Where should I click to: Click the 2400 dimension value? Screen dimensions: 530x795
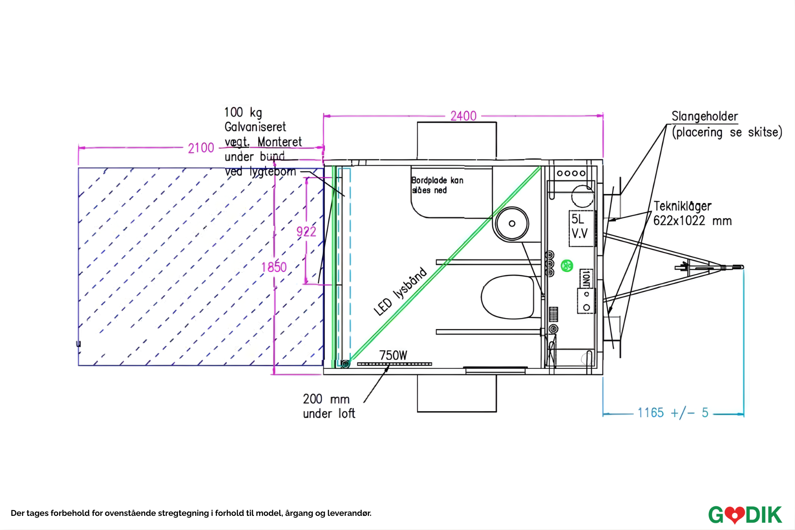tap(463, 116)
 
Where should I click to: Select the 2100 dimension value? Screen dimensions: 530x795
tap(201, 148)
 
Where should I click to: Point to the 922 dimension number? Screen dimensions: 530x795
tap(306, 231)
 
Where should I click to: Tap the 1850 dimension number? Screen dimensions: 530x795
tap(274, 267)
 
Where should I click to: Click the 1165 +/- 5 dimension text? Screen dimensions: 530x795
tap(673, 413)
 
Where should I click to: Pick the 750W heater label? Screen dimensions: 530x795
tap(393, 356)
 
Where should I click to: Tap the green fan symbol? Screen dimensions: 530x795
tap(567, 266)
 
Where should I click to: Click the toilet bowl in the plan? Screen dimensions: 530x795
tap(508, 297)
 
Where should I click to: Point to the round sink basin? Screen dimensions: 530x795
tap(512, 223)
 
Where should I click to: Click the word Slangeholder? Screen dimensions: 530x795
tap(704, 117)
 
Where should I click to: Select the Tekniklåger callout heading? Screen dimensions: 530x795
tap(682, 206)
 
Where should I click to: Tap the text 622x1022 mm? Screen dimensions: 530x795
tap(692, 221)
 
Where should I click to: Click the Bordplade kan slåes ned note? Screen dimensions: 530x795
tap(437, 185)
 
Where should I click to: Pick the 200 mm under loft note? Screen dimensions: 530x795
tap(329, 406)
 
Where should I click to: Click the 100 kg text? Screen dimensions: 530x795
tap(243, 112)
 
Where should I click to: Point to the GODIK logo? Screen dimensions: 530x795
tap(745, 515)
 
